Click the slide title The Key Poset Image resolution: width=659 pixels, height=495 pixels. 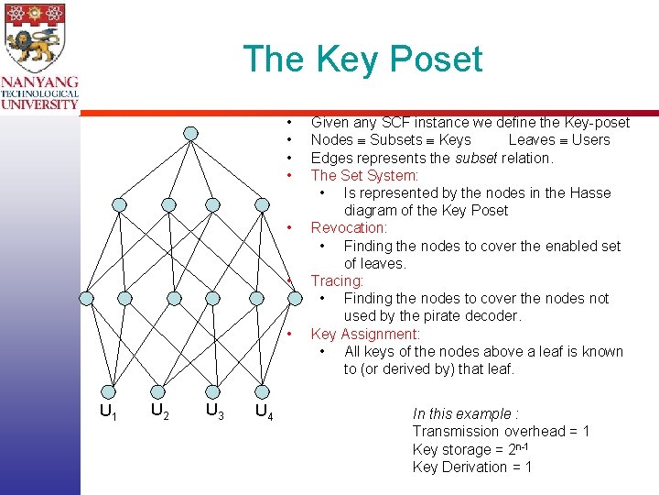tap(362, 60)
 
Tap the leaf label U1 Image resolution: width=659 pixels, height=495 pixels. tap(108, 412)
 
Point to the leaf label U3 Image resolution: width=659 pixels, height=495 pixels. tap(216, 411)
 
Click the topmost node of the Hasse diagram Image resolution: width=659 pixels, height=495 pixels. tap(190, 133)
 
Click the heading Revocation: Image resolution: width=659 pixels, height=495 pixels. tap(349, 227)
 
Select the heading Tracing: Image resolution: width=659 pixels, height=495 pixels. tap(337, 280)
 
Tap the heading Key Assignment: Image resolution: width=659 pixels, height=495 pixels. tap(365, 334)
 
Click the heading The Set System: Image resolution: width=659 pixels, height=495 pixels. tap(364, 175)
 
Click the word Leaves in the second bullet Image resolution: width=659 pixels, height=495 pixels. tap(531, 139)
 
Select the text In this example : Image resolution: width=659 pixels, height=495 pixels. tap(465, 413)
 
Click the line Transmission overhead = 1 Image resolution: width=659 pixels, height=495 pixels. tap(501, 431)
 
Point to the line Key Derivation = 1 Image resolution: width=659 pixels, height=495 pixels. tap(471, 467)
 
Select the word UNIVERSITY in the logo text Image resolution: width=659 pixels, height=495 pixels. tap(39, 104)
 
